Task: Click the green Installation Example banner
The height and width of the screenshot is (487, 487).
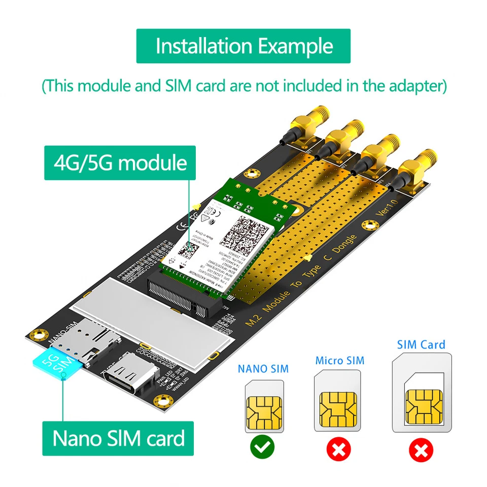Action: (243, 46)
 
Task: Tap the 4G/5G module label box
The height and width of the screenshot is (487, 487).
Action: (120, 163)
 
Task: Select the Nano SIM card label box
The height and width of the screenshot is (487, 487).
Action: (118, 438)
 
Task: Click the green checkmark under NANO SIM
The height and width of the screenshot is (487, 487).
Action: (262, 447)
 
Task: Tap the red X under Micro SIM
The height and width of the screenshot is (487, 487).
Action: (338, 448)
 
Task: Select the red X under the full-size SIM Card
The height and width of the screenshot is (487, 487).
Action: (421, 449)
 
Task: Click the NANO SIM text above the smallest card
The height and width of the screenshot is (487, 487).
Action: (263, 368)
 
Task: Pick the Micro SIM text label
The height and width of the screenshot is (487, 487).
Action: (339, 361)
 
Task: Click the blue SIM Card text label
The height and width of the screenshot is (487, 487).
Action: (421, 345)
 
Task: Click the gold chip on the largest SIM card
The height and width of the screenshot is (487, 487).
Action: (424, 408)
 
